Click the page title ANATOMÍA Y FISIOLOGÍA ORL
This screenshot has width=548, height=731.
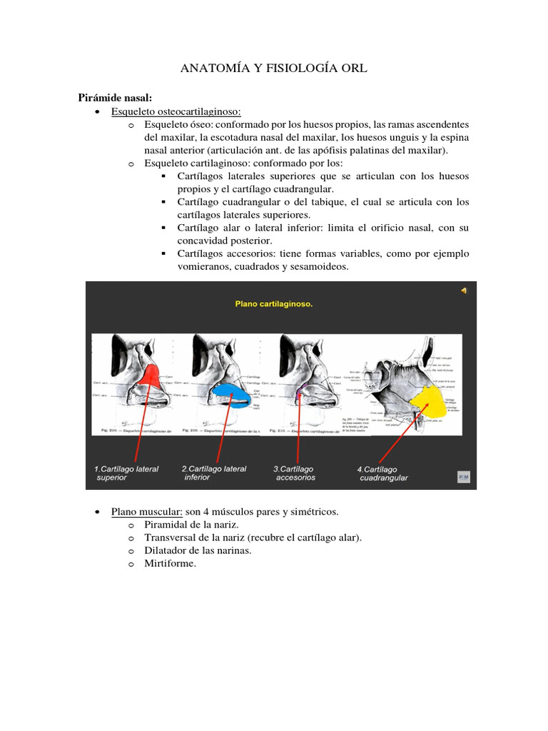273,69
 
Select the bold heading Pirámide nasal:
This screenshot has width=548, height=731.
115,98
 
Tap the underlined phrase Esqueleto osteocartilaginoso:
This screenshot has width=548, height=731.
176,111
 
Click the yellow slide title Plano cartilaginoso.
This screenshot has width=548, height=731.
274,303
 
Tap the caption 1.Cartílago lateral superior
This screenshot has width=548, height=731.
126,473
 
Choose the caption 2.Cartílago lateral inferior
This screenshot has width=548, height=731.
214,473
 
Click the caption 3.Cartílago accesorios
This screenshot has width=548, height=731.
295,473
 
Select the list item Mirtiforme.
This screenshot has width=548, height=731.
170,563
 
